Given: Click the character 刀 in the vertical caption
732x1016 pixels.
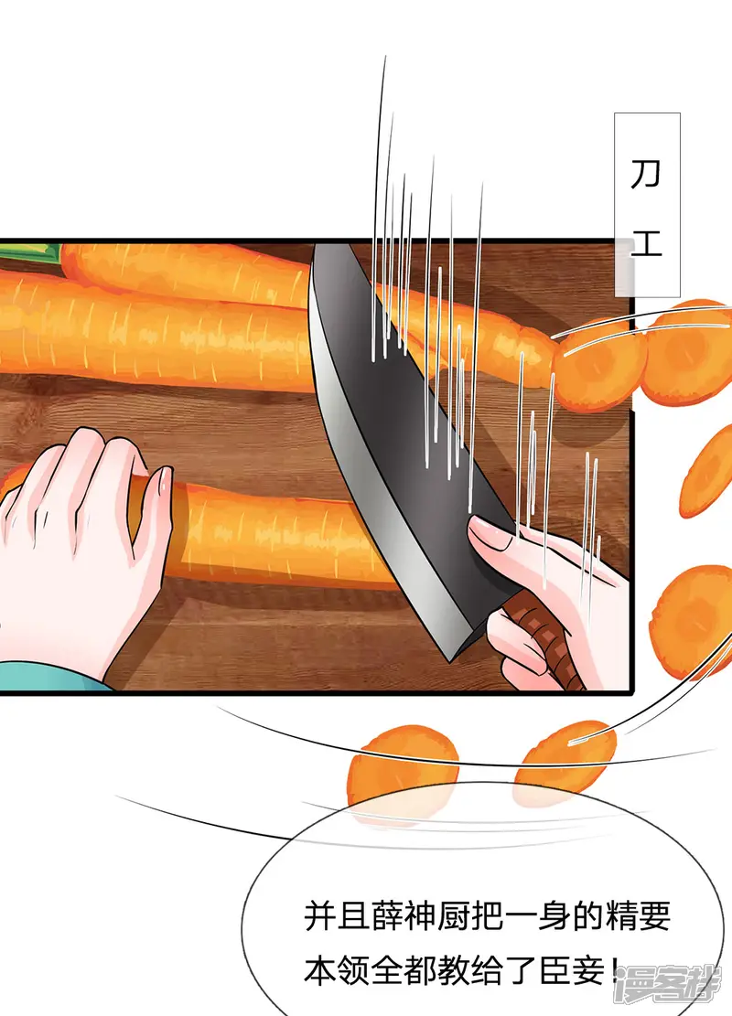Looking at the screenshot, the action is [x=646, y=174].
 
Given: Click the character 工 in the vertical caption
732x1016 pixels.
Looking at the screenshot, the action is [x=646, y=243].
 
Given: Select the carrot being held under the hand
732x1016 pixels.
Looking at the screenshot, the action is [x=273, y=535].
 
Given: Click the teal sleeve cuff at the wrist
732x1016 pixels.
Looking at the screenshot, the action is [x=52, y=676].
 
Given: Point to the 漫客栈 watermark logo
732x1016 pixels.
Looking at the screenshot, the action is [x=668, y=984].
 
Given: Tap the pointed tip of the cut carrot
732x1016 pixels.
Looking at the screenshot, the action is [x=551, y=353].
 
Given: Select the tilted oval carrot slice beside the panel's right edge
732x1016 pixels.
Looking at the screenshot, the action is [x=706, y=472].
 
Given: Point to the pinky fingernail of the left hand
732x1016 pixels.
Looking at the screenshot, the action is [x=165, y=480].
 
